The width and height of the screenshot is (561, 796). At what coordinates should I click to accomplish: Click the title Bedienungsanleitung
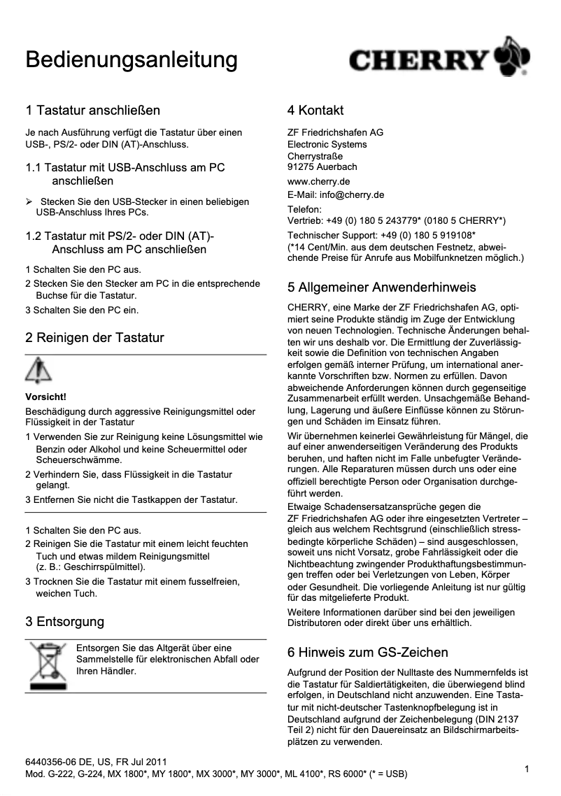[x=132, y=60]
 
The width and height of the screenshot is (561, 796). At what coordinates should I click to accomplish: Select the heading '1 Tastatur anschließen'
[x=93, y=111]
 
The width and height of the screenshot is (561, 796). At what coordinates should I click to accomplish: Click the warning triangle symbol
[x=38, y=371]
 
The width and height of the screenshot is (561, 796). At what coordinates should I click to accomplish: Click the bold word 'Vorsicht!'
[x=45, y=397]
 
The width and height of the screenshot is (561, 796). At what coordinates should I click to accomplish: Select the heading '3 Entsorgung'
[x=65, y=622]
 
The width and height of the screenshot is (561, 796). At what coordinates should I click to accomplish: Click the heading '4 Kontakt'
[x=315, y=111]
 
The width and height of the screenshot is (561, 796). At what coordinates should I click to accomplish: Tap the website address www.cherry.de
[x=319, y=181]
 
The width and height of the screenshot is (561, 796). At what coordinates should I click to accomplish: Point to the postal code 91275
[x=301, y=167]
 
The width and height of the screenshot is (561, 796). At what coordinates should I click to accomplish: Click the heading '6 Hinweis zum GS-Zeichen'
[x=368, y=653]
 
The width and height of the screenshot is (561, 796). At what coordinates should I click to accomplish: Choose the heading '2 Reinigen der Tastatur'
[x=94, y=338]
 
